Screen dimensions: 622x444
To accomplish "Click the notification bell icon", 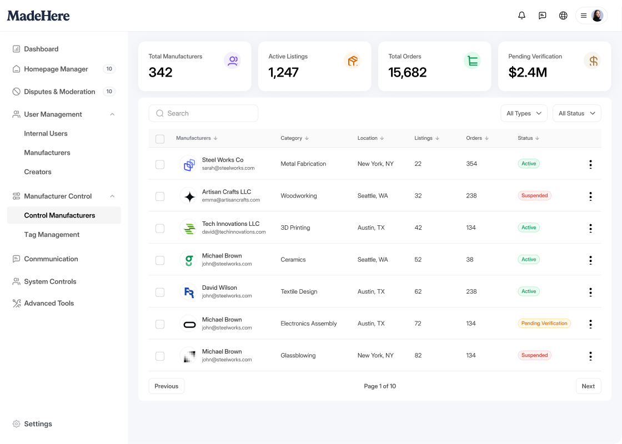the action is click(521, 16).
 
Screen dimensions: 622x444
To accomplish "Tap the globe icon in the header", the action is click(563, 16).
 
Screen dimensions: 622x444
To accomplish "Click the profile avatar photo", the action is click(597, 16).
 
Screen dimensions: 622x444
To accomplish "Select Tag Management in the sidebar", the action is click(52, 234).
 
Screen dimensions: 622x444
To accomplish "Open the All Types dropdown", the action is click(524, 113).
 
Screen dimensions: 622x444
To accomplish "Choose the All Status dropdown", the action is click(577, 113).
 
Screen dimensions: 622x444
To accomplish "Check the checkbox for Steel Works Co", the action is click(160, 164).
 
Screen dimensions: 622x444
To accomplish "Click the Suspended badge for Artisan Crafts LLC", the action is click(534, 195).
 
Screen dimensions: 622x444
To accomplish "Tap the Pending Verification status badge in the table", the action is click(544, 324).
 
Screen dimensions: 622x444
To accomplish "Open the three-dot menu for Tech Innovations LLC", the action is click(590, 228).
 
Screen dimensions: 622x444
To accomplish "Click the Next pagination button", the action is click(588, 386).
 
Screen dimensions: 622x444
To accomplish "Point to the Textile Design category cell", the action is click(299, 291).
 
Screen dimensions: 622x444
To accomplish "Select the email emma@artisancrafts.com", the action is click(231, 200).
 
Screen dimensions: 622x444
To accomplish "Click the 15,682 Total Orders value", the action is click(408, 72).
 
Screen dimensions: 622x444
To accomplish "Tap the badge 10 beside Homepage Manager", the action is click(109, 69).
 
